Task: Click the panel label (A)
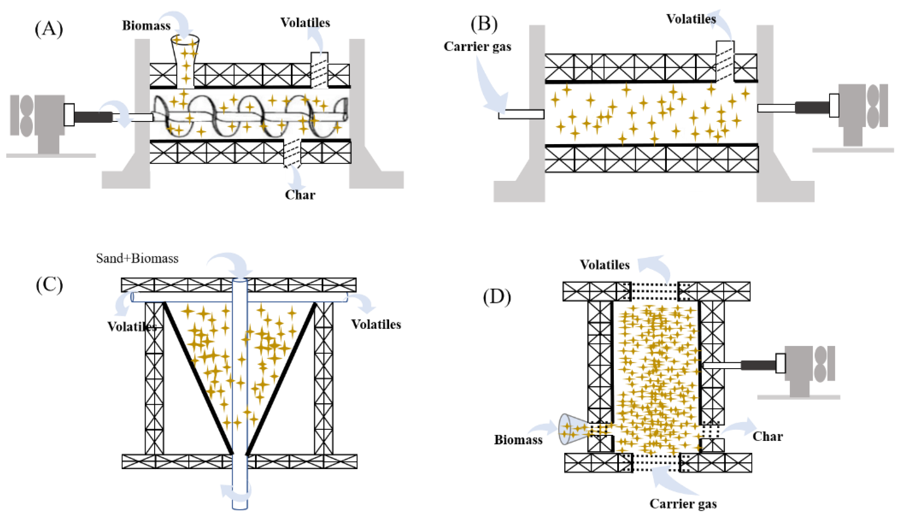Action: [49, 29]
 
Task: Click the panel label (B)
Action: [484, 24]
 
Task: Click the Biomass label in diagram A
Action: [146, 26]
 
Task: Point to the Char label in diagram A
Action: [300, 195]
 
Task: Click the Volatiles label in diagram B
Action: [691, 19]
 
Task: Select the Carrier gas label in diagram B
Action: [477, 46]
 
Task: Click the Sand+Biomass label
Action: [137, 258]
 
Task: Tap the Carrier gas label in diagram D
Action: [683, 504]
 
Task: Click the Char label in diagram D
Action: [768, 436]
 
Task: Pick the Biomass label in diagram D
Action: [518, 440]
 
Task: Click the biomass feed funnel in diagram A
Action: [185, 53]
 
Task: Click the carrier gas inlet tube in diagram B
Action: [521, 114]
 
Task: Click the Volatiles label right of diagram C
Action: [376, 324]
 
